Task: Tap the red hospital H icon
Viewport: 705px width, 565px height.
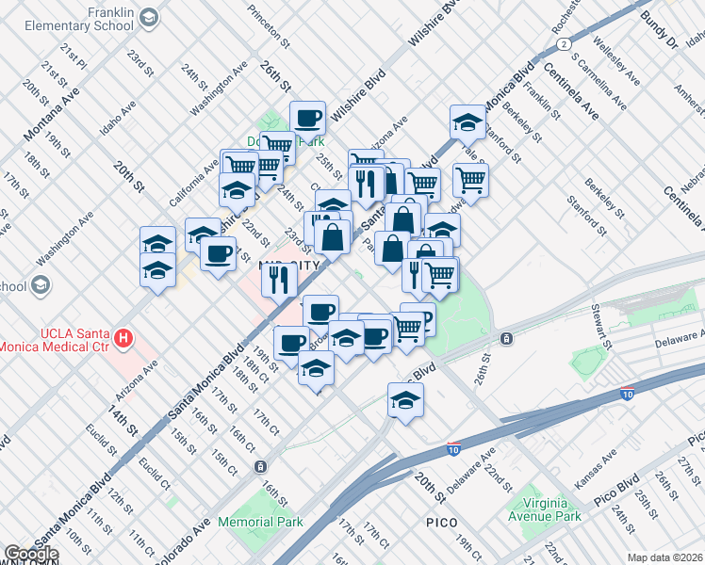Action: [121, 337]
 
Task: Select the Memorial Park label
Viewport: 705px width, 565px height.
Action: [260, 521]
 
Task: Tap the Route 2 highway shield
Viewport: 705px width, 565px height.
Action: [563, 43]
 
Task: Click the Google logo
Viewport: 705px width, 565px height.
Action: [31, 554]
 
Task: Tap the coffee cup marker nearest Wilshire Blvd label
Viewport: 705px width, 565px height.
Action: [307, 119]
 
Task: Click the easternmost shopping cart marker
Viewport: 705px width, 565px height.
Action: [469, 179]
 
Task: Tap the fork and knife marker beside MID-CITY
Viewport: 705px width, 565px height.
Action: [279, 279]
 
